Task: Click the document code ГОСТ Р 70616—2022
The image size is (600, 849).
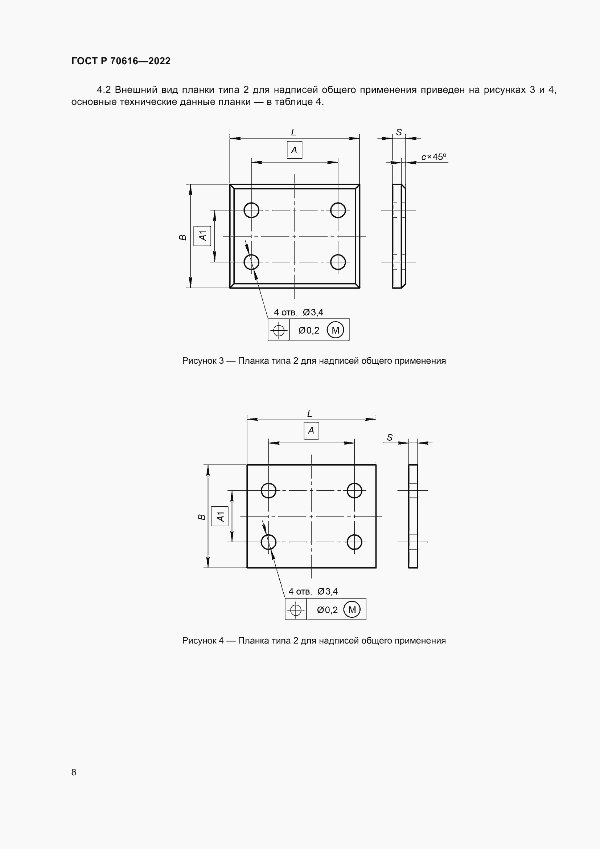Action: [x=121, y=61]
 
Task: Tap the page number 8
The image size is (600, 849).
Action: [x=74, y=772]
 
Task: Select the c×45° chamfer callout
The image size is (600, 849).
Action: [x=434, y=157]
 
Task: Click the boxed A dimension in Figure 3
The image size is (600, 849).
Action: [x=295, y=150]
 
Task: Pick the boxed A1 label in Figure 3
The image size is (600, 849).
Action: [x=202, y=236]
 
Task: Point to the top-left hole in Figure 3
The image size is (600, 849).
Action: [x=251, y=210]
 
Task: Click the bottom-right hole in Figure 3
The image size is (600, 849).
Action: [x=338, y=262]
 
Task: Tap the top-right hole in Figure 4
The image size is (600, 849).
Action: [x=354, y=491]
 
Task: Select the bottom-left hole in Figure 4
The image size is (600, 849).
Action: [x=268, y=542]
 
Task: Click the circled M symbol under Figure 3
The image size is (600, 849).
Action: [x=336, y=330]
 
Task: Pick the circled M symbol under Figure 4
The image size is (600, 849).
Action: [x=352, y=610]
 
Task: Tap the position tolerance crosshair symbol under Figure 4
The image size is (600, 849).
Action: [x=296, y=610]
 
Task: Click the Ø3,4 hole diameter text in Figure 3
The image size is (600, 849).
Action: [x=313, y=313]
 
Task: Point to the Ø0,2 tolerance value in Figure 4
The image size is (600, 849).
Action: [x=327, y=610]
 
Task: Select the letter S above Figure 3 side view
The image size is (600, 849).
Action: [x=399, y=132]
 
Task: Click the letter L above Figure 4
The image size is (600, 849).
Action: [x=309, y=414]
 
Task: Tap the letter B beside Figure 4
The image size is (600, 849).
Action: [x=202, y=517]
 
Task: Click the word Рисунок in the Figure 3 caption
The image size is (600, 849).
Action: [x=200, y=361]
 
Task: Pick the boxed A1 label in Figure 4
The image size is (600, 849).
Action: [x=220, y=516]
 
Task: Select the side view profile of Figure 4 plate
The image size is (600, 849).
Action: [x=413, y=516]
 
